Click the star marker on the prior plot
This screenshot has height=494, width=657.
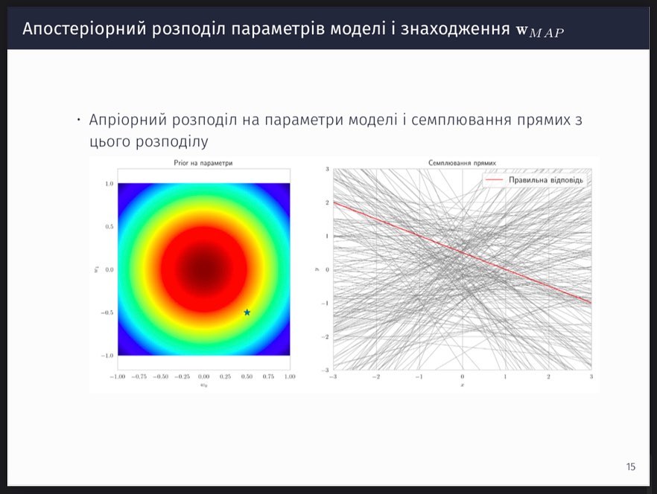(247, 312)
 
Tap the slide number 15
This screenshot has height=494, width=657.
(631, 466)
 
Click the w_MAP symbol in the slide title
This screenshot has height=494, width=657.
(540, 31)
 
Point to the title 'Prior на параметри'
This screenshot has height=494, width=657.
(203, 163)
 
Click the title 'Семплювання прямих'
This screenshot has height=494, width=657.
(462, 163)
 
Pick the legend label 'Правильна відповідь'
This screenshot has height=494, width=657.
(546, 180)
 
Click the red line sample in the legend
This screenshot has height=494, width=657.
(494, 179)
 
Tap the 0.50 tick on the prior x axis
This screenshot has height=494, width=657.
(247, 376)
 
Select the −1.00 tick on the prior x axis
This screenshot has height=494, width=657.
(118, 376)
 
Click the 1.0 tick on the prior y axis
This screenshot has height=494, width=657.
(110, 183)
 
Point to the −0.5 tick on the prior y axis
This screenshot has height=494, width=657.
(107, 312)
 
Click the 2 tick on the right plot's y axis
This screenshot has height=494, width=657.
(328, 202)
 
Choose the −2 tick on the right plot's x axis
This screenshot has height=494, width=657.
(376, 376)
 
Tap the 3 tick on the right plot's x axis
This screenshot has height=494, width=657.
(591, 376)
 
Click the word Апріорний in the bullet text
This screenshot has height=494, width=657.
(127, 120)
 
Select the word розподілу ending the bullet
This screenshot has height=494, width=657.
(172, 141)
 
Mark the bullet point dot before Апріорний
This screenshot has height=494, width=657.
(78, 121)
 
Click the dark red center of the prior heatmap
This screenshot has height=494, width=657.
(204, 269)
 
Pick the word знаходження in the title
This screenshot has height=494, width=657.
(454, 29)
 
